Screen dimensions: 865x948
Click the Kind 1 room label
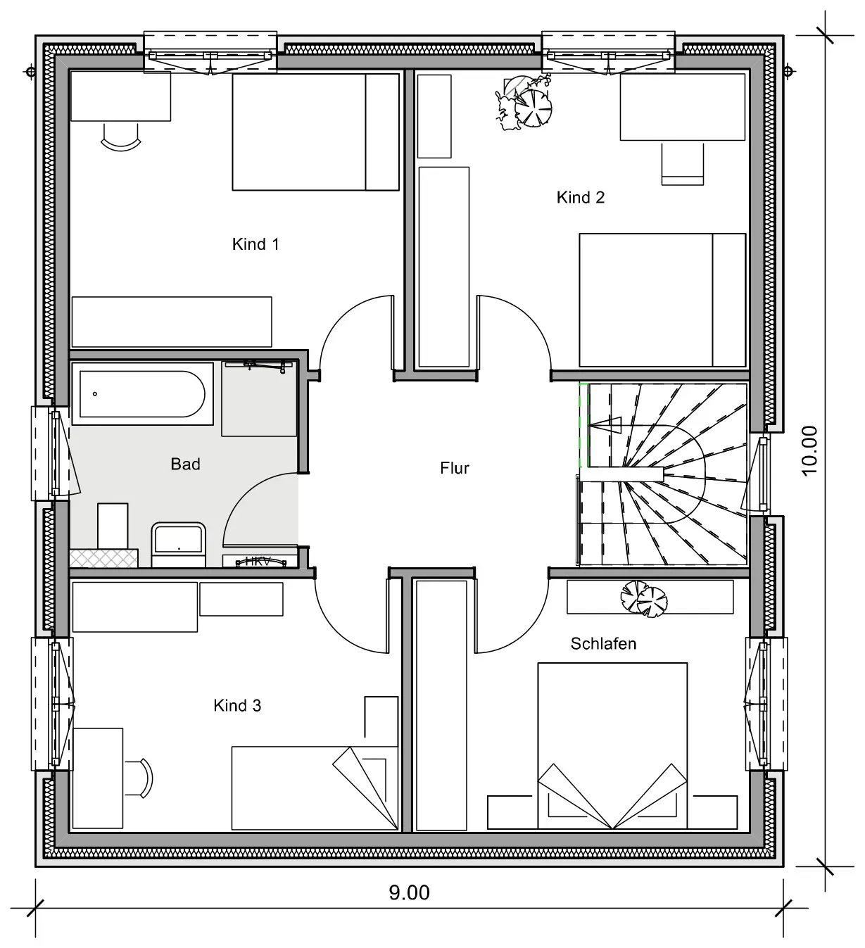pyautogui.click(x=255, y=244)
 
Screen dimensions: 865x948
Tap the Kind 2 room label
pyautogui.click(x=581, y=197)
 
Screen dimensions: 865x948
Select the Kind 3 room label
pyautogui.click(x=236, y=706)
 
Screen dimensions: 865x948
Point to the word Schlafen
pyautogui.click(x=603, y=644)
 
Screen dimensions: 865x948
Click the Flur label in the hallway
pyautogui.click(x=454, y=468)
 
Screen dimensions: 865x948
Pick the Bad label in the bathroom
pyautogui.click(x=185, y=464)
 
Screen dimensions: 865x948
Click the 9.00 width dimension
pyautogui.click(x=410, y=892)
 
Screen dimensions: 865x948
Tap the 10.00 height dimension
pyautogui.click(x=809, y=451)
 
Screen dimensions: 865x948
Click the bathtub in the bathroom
pyautogui.click(x=142, y=394)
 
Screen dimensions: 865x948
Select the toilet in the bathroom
pyautogui.click(x=178, y=544)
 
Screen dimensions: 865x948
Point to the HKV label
pyautogui.click(x=258, y=562)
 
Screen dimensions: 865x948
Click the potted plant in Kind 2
pyautogui.click(x=524, y=103)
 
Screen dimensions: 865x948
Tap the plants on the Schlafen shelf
pyautogui.click(x=644, y=599)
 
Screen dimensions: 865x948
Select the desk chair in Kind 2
pyautogui.click(x=682, y=165)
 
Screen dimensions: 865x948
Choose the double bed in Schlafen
pyautogui.click(x=612, y=746)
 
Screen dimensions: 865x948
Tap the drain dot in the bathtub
pyautogui.click(x=95, y=393)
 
